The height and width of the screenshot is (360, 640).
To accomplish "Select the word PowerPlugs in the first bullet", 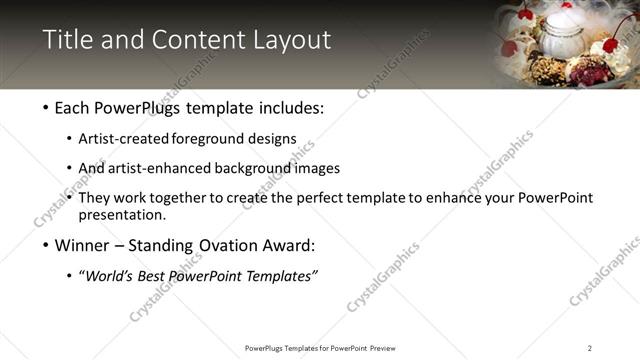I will pos(145,108).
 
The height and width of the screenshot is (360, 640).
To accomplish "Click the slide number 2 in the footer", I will pos(590,348).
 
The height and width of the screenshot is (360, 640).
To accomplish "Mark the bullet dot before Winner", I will pos(48,246).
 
